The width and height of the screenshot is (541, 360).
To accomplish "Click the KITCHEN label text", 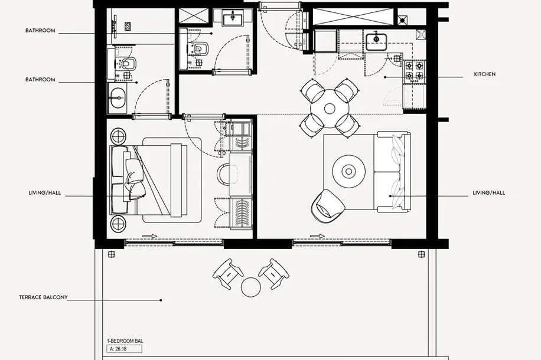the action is (484, 74).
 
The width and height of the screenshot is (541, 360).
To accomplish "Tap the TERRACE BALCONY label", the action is (43, 297).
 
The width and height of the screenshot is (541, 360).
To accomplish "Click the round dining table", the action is (330, 109).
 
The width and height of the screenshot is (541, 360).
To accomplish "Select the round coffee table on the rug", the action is (349, 171).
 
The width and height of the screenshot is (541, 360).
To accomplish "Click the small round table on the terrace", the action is (250, 287).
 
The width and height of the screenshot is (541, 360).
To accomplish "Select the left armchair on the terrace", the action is (227, 273).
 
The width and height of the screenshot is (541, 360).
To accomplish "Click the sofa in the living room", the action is (392, 171).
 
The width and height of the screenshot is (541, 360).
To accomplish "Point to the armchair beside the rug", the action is (327, 206).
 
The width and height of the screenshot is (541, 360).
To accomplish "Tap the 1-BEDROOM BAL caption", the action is (125, 341).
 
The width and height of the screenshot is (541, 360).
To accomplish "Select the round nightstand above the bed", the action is (118, 136).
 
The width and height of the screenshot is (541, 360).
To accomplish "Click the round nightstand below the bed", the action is (118, 223).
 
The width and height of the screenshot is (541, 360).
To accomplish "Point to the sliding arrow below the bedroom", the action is (150, 236).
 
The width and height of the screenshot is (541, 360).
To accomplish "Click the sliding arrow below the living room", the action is (317, 236).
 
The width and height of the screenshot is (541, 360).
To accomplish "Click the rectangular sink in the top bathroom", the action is (233, 18).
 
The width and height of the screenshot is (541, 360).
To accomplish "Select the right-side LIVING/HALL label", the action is (488, 193).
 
